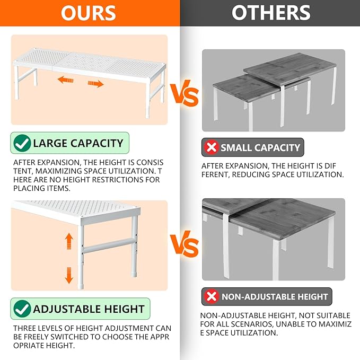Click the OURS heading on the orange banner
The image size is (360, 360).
tap(89, 13)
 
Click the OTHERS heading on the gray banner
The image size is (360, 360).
tap(271, 13)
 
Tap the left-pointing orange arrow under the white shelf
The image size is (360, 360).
tap(65, 80)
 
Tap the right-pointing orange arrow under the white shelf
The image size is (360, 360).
tap(95, 84)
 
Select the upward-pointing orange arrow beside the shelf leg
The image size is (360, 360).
tap(69, 241)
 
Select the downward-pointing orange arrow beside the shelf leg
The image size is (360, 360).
tap(69, 275)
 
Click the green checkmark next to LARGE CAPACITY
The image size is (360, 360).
tap(22, 143)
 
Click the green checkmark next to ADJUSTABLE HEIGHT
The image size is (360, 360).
tap(22, 309)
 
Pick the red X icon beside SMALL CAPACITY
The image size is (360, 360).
tap(212, 147)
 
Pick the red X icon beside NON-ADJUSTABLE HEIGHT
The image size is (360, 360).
tap(212, 296)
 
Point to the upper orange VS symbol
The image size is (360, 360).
tap(184, 93)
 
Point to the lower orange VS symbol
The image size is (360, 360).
tap(184, 244)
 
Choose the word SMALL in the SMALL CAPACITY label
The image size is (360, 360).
tap(236, 147)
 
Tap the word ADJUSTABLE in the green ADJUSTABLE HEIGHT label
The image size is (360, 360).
tap(67, 309)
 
